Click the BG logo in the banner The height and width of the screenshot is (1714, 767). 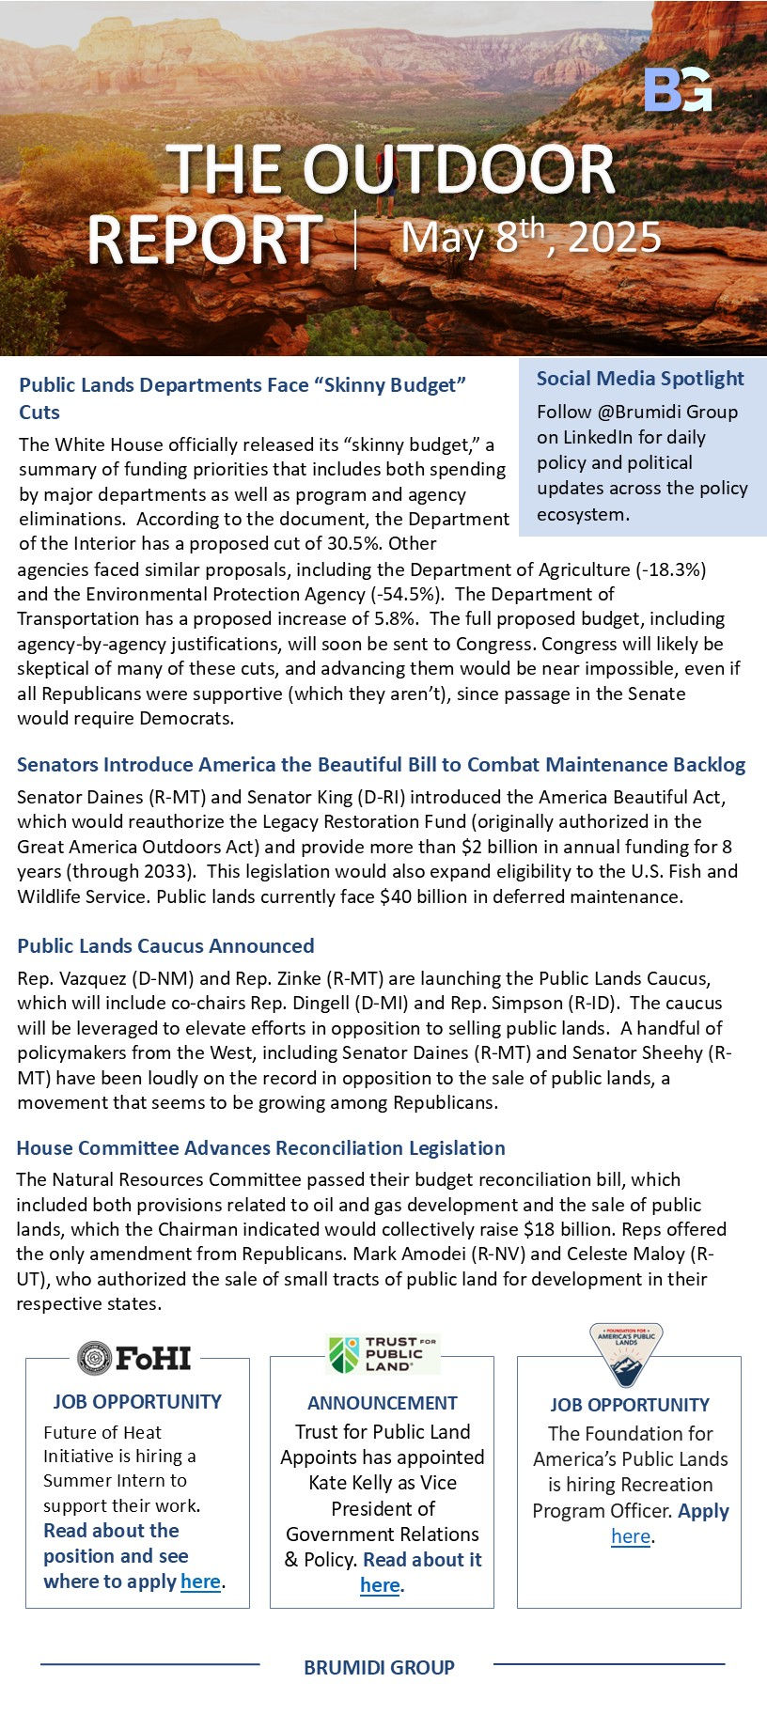point(678,90)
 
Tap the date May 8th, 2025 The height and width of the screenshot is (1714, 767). point(530,236)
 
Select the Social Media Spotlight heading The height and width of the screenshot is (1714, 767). point(640,378)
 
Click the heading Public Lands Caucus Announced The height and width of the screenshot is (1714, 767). point(165,945)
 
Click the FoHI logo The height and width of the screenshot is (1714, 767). point(135,1358)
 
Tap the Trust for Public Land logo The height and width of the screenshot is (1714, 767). point(383,1353)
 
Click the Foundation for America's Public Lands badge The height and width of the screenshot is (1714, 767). point(626,1354)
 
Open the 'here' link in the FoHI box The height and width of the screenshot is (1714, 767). point(200,1581)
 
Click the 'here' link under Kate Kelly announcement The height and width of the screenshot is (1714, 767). point(380,1584)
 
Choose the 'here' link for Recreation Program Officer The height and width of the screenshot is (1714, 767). point(631,1535)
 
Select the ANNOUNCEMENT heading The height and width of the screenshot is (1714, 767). point(383,1403)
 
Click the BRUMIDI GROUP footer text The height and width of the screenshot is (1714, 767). point(379,1667)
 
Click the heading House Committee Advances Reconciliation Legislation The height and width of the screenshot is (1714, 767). point(260,1147)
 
